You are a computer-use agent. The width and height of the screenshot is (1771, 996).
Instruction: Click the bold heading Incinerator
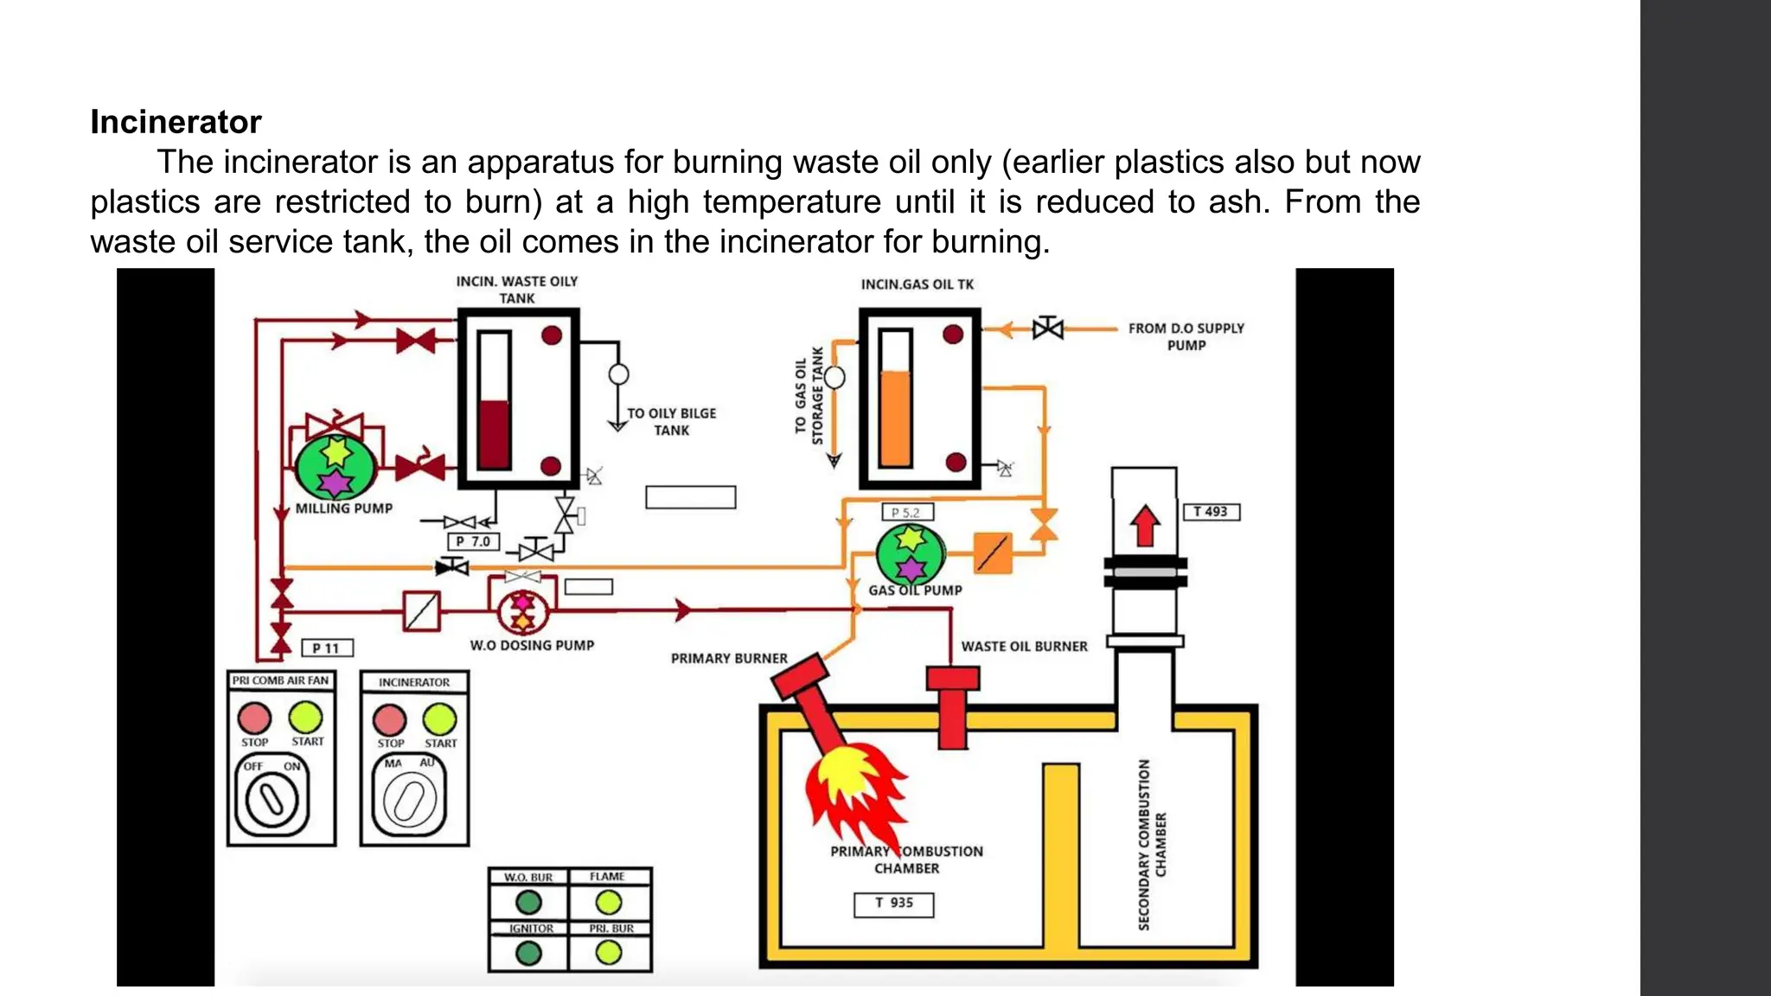[x=176, y=122]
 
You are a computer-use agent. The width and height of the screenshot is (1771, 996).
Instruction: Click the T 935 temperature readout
[x=893, y=903]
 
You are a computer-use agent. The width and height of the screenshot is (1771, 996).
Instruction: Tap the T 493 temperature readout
[x=1211, y=512]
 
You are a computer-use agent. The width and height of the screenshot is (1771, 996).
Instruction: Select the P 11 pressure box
[x=327, y=648]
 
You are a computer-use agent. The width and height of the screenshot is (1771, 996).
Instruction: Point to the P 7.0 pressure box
[x=473, y=542]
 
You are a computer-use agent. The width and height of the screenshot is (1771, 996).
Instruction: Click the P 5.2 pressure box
[x=907, y=513]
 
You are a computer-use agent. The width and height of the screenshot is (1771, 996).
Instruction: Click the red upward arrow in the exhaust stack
[x=1145, y=525]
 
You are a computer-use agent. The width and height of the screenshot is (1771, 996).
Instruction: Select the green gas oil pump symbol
[x=910, y=555]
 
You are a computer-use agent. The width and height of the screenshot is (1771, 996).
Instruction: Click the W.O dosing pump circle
[x=523, y=611]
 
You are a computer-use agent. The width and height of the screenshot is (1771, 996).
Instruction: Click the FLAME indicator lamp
[x=609, y=903]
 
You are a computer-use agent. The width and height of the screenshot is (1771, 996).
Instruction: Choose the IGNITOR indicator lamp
[x=528, y=953]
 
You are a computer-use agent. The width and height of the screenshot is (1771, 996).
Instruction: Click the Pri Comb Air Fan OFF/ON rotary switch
[x=272, y=799]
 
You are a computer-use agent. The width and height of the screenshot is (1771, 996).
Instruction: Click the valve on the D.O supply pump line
[x=1048, y=329]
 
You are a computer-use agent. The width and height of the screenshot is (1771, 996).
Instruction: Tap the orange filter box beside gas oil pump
[x=993, y=553]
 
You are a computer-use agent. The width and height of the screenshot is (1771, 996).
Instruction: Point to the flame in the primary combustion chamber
[x=852, y=787]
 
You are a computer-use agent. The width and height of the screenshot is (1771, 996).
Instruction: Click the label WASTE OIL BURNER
[x=1024, y=647]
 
